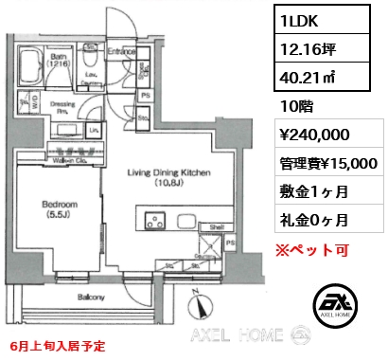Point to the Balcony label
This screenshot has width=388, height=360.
click(90, 297)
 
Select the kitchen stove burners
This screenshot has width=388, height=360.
click(154, 225)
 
